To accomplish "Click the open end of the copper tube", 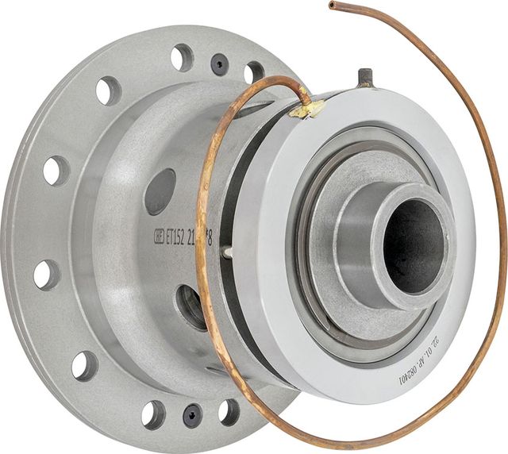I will pyautogui.click(x=332, y=6).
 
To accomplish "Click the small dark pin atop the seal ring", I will pyautogui.click(x=365, y=77).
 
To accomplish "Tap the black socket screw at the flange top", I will pyautogui.click(x=219, y=64).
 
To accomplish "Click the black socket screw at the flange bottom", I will pyautogui.click(x=192, y=414).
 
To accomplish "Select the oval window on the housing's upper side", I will pyautogui.click(x=160, y=191).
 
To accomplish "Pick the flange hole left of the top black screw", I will pyautogui.click(x=182, y=57).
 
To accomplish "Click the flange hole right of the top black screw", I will pyautogui.click(x=254, y=72).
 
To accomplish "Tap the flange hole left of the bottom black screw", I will pyautogui.click(x=153, y=414).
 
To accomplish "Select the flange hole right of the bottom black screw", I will pyautogui.click(x=229, y=411).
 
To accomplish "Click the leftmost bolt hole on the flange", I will pyautogui.click(x=46, y=274).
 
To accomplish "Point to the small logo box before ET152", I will pyautogui.click(x=156, y=237).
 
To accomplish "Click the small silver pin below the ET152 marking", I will pyautogui.click(x=229, y=253).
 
